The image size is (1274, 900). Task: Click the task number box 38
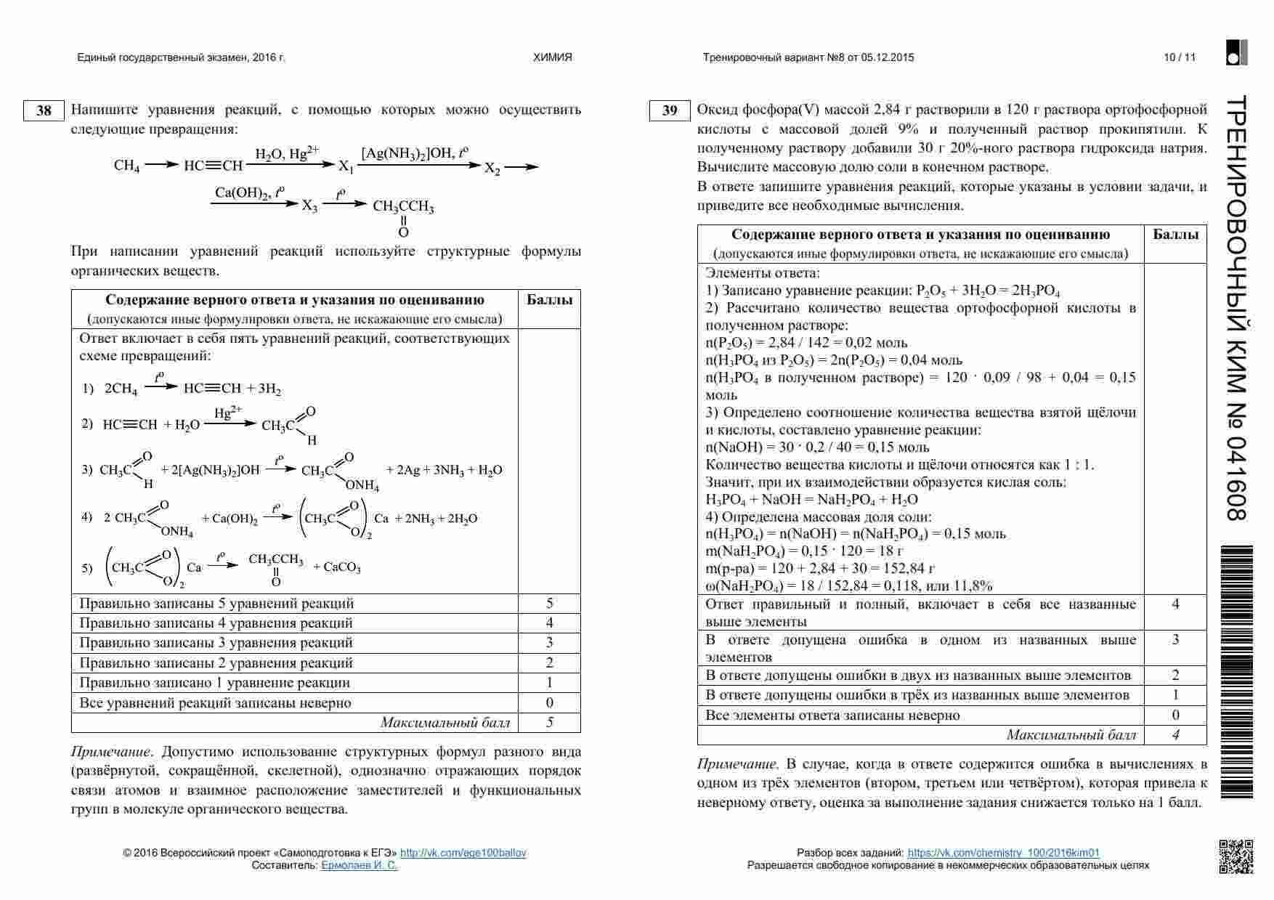coord(44,110)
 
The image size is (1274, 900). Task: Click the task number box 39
coord(670,110)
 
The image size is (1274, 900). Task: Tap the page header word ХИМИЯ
coord(553,57)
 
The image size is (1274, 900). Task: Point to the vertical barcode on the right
coord(1238,672)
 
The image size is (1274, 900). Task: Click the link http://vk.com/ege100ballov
coord(463,853)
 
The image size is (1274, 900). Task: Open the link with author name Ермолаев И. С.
coord(359,865)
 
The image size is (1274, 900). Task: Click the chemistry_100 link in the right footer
coord(1003,853)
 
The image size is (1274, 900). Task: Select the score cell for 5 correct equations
coord(549,603)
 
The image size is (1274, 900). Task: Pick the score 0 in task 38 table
coord(549,702)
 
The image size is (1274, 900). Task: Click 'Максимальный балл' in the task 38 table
coord(445,722)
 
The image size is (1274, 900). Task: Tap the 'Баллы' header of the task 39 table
coord(1175,235)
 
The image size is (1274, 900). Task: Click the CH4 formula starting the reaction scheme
coord(126,166)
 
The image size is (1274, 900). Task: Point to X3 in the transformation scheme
coord(309,206)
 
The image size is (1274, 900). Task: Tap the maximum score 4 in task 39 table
coord(1175,734)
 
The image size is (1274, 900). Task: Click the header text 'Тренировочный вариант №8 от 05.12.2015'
coord(808,57)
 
